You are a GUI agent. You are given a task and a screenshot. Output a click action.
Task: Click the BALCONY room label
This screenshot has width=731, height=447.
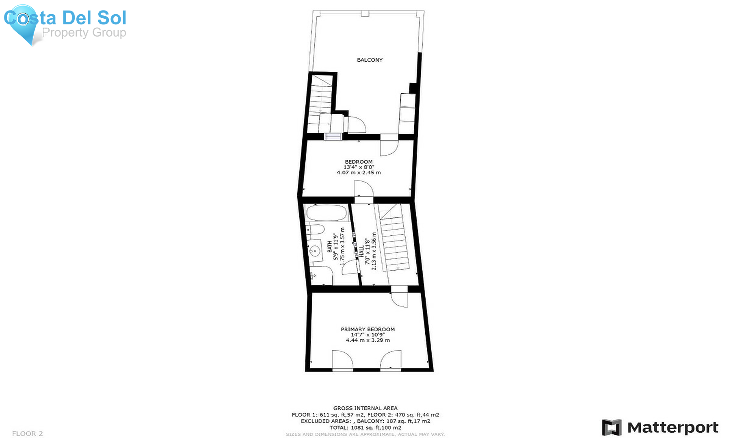[x=370, y=60]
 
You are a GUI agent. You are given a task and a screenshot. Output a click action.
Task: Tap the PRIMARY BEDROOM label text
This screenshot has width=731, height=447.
[x=368, y=330]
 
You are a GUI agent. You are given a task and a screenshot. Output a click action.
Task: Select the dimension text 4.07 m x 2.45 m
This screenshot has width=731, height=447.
[x=359, y=173]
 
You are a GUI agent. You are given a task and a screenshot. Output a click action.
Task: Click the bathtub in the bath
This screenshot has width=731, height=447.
[x=326, y=212]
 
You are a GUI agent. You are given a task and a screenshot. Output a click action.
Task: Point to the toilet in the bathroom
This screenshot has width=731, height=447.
[x=315, y=230]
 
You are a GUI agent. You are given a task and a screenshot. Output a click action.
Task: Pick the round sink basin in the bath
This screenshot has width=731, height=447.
[x=315, y=251]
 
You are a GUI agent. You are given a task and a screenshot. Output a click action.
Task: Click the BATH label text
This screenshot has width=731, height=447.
[x=330, y=247]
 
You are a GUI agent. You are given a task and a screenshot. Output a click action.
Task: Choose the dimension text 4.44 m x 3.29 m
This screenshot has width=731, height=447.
[x=368, y=340]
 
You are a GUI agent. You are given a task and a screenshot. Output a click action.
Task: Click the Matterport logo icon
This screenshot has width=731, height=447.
[x=612, y=427]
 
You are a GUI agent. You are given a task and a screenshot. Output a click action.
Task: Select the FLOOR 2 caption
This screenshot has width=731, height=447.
[x=27, y=434]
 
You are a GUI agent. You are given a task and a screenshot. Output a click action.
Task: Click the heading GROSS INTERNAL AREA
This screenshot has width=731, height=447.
[x=365, y=408]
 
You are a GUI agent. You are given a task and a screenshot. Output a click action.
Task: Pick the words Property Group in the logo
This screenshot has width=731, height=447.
[x=84, y=33]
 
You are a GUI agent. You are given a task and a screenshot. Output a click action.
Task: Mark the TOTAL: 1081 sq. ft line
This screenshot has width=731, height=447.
[x=365, y=427]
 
